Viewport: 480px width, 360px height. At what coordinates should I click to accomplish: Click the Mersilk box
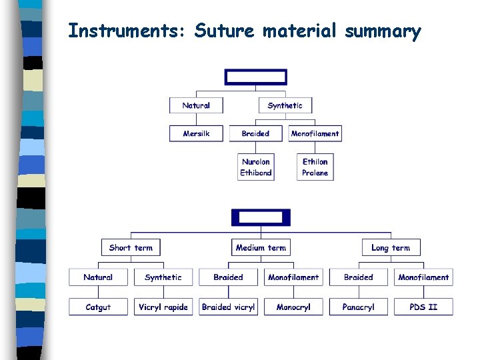pos(196,133)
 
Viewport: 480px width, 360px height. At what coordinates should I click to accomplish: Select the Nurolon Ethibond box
pos(256,167)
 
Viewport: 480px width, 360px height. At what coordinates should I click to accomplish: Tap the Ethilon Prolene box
pos(315,167)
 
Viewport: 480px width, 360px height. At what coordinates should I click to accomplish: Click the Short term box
pos(131,247)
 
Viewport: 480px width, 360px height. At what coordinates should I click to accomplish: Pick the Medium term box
pos(261,247)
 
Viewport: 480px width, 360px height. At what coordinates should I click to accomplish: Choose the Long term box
pos(391,247)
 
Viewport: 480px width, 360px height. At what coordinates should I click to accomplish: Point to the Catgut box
pos(98,307)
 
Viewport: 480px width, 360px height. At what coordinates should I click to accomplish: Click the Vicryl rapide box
pos(163,307)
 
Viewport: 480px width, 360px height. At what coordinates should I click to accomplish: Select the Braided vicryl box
pos(228,307)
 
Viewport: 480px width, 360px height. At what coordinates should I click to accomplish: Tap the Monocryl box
pos(293,307)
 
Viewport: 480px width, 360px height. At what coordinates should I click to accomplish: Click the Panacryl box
pos(358,307)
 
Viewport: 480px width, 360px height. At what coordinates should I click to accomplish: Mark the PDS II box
pos(423,307)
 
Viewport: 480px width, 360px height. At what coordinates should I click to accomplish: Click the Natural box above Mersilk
pos(196,105)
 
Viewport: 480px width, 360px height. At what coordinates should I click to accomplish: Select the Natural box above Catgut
pos(98,277)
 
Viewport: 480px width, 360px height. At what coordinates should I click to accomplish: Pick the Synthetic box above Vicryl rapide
pos(163,277)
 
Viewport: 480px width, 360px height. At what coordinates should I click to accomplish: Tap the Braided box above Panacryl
pos(358,277)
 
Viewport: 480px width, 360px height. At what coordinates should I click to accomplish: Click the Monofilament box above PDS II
pos(423,277)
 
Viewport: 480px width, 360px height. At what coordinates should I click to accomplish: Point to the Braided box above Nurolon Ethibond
pos(256,133)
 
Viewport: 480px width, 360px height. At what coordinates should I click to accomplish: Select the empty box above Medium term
pos(261,217)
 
